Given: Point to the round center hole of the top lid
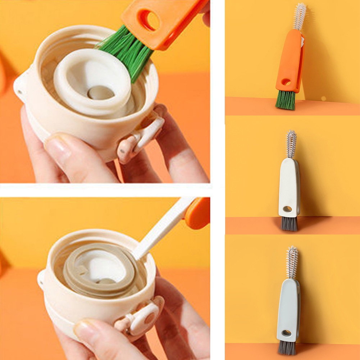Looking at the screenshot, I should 101,93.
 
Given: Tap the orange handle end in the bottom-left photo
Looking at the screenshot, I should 198,214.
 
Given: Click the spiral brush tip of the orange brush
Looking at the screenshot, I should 299,16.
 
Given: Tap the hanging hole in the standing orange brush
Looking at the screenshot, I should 286,82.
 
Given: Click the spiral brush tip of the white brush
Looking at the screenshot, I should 291,144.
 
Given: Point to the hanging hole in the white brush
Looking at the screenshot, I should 287,209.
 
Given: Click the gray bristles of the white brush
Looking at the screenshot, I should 289,224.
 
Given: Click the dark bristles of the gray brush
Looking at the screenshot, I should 287,348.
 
